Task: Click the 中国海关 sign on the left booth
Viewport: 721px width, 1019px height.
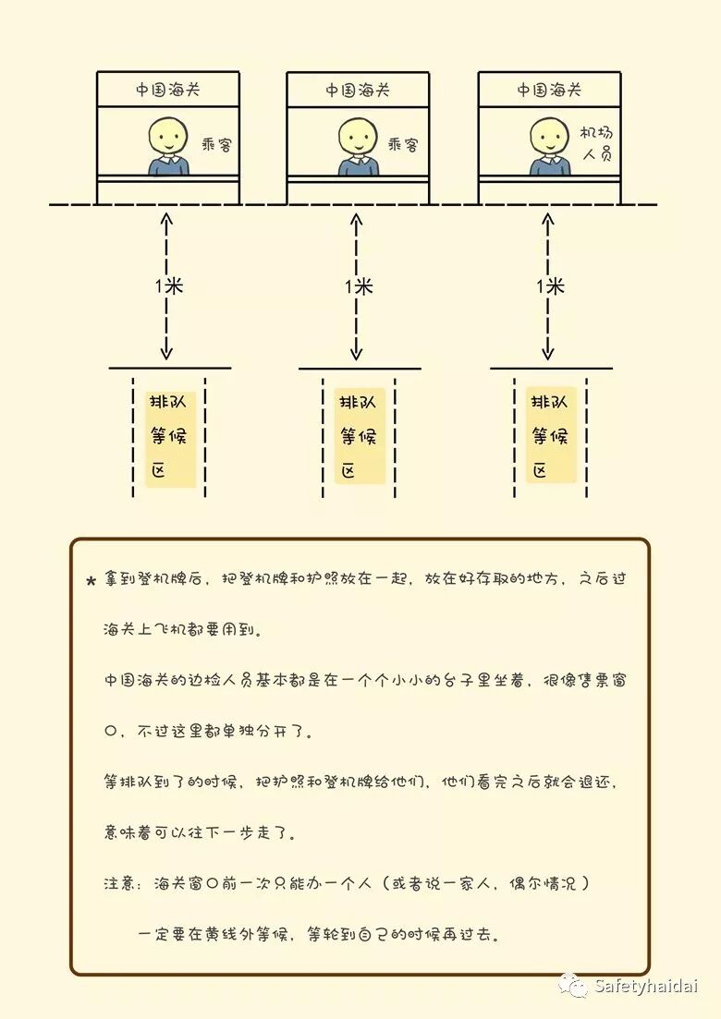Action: click(167, 90)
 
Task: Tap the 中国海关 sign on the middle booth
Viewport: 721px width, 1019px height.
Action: click(357, 91)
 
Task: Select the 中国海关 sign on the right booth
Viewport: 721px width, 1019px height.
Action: click(549, 90)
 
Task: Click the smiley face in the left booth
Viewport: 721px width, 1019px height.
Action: click(167, 136)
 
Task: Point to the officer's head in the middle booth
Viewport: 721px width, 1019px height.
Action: click(357, 136)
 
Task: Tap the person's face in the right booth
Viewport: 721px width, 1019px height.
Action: click(549, 136)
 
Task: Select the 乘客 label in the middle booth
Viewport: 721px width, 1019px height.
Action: click(403, 145)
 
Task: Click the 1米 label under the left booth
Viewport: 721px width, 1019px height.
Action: click(168, 285)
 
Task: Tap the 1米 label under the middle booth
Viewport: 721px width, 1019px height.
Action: click(359, 286)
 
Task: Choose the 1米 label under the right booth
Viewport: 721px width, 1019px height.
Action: click(550, 286)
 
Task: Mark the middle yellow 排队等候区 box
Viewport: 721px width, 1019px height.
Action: click(359, 436)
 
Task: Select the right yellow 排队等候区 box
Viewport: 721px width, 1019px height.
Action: click(551, 435)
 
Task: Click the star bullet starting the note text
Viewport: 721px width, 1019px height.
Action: click(91, 581)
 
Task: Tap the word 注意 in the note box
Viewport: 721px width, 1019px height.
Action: click(120, 883)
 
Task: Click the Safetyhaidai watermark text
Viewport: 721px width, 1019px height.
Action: click(645, 986)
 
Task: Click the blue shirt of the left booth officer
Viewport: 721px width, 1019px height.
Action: click(168, 166)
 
